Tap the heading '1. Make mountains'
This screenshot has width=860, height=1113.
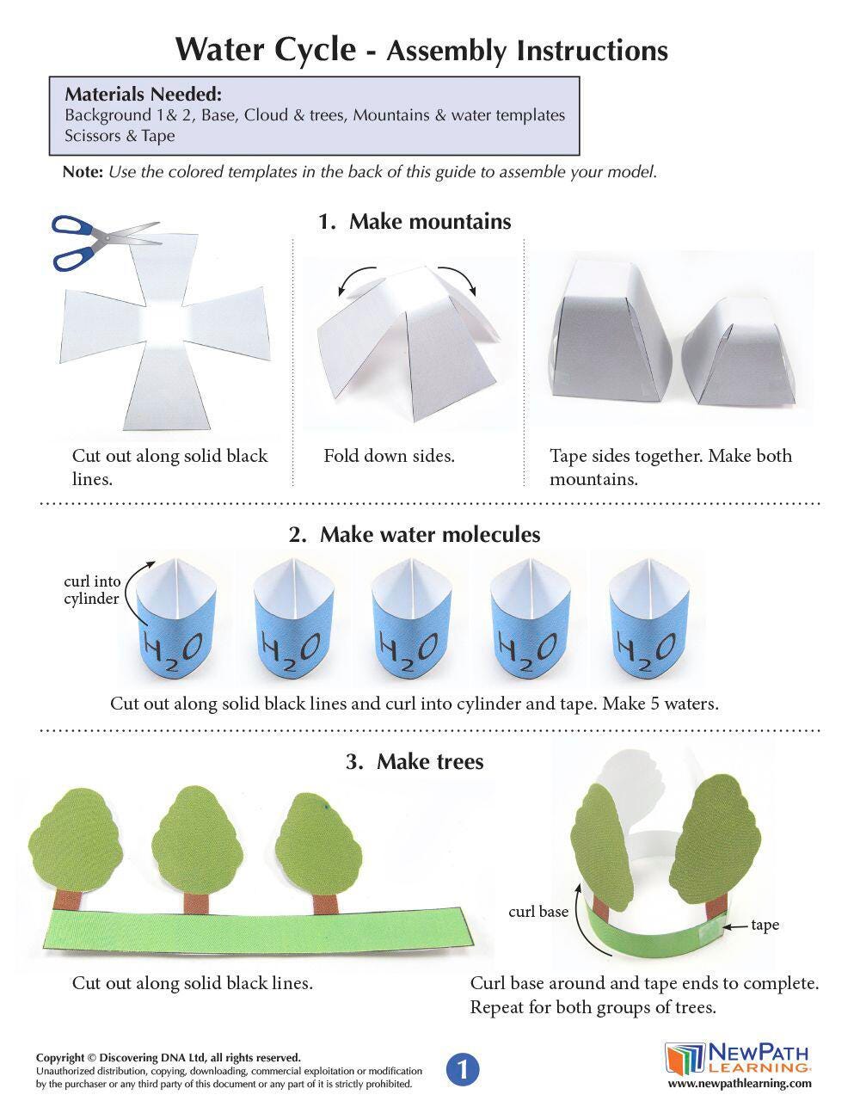[415, 221]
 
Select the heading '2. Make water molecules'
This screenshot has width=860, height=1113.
[415, 535]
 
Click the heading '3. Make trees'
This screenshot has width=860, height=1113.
[415, 761]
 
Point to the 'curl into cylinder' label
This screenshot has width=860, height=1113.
[92, 590]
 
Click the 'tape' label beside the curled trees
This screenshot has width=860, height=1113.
[765, 925]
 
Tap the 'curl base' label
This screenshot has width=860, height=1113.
[538, 912]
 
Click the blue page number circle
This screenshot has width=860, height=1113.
[463, 1069]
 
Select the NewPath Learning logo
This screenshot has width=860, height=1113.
[738, 1057]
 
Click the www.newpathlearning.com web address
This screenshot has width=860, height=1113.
[740, 1083]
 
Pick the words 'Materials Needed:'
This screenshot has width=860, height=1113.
[144, 94]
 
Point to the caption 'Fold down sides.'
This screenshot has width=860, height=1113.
[389, 456]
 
